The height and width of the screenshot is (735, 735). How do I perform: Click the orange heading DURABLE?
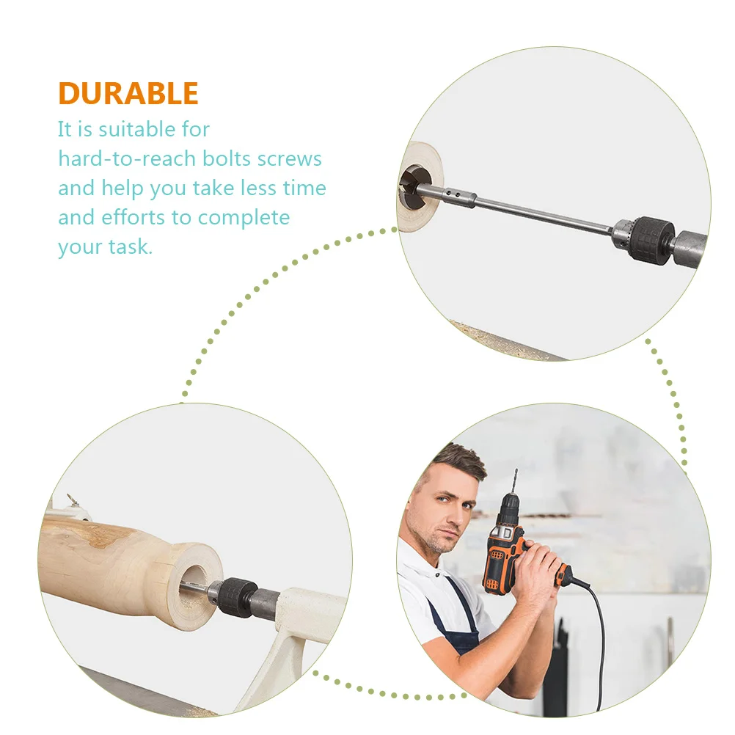[128, 93]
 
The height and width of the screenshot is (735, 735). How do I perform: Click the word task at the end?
[131, 246]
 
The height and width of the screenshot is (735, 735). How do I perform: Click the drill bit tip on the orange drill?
[516, 470]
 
